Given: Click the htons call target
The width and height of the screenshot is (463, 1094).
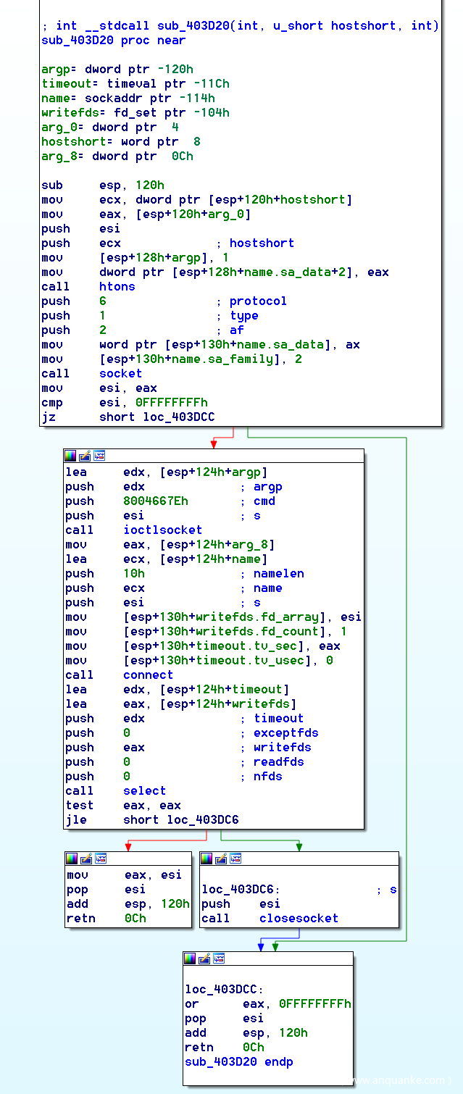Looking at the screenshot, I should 117,286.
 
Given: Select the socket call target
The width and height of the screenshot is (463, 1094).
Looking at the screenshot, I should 120,373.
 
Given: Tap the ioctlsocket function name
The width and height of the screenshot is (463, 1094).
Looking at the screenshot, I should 162,530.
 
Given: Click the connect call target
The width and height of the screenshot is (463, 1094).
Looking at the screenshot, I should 148,675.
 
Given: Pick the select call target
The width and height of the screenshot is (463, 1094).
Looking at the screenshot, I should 144,790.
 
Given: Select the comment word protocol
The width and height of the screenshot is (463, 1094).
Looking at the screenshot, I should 258,301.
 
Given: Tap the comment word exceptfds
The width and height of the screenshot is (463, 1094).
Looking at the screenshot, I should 285,732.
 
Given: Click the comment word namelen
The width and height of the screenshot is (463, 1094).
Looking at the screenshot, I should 278,573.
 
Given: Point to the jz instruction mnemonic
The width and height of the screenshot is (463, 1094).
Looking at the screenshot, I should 48,417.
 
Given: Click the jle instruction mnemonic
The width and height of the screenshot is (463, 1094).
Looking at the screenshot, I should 75,819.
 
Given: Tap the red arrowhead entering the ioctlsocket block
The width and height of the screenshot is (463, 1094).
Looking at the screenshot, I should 213,443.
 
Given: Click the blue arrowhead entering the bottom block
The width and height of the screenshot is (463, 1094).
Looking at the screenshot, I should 260,946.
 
